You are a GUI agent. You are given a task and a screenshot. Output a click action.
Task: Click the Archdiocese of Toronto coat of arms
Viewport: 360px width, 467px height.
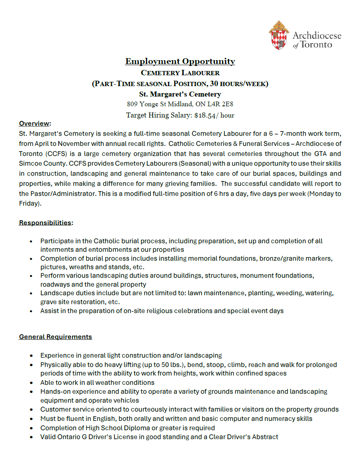[x=279, y=35]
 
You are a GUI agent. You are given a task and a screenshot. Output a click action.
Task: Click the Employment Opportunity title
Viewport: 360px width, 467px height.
[x=180, y=61]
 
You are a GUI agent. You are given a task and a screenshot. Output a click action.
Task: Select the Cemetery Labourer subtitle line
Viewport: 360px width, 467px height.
[x=180, y=73]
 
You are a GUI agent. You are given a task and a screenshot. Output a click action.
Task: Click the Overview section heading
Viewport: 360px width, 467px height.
[x=35, y=123]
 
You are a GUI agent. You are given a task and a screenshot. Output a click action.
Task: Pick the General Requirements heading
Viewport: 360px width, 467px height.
[x=55, y=337]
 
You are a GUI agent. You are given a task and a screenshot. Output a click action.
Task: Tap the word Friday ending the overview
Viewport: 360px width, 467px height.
[x=29, y=203]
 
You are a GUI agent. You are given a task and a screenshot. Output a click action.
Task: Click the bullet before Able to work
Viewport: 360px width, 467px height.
[x=31, y=383]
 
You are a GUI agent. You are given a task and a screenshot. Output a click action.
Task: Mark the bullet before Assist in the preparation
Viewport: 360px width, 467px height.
[x=31, y=311]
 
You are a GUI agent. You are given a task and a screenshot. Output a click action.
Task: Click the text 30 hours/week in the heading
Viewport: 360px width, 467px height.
[x=237, y=83]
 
